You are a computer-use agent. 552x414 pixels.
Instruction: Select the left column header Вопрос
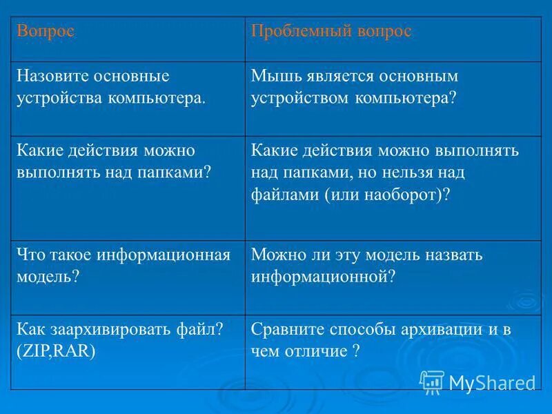coord(46,32)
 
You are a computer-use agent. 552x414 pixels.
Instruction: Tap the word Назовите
coord(50,75)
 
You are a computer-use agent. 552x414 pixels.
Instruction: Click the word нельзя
coord(434,172)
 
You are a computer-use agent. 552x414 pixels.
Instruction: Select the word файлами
coord(286,194)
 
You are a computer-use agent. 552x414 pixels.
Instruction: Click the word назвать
coord(451,255)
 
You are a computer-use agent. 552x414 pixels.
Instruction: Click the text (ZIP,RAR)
coord(57,351)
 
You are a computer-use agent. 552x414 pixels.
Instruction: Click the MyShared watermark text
coord(492,382)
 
